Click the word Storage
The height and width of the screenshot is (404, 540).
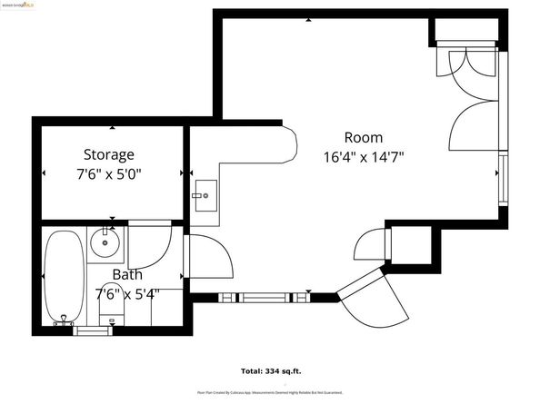point(109,154)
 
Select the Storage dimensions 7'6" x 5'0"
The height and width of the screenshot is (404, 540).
point(109,173)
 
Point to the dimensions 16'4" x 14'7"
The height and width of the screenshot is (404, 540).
point(363,156)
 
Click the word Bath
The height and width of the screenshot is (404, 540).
point(127,274)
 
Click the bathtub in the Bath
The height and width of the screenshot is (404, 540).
point(63,277)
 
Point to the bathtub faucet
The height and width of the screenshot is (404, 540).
point(63,320)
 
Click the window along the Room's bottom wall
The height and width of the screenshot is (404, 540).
point(264,297)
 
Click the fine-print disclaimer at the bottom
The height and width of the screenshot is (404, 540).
point(270,392)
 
